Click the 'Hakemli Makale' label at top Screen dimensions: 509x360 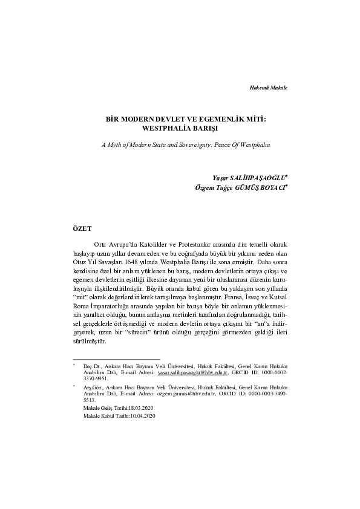(x=268, y=88)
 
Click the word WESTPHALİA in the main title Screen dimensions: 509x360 (x=166, y=129)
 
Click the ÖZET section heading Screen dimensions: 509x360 (x=82, y=229)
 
